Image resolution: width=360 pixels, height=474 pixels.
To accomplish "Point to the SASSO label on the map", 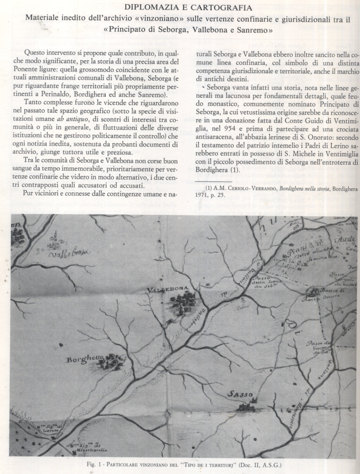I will click(240, 395).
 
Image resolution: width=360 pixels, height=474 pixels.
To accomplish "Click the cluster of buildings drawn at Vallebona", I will click(183, 303).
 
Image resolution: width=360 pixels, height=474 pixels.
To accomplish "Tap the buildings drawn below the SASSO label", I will click(244, 408).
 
